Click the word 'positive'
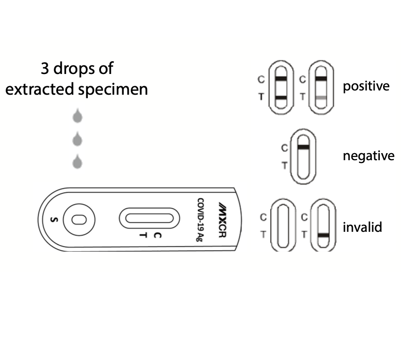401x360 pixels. [x=366, y=86]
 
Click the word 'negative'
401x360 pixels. [x=368, y=155]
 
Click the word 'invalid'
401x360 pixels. [x=362, y=227]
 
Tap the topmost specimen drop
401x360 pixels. [x=77, y=116]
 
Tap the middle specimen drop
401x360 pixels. [x=77, y=139]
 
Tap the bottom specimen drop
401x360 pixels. [x=77, y=162]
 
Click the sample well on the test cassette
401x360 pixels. [x=79, y=220]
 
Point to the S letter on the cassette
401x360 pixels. [x=54, y=220]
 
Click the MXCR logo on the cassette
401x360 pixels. [x=223, y=220]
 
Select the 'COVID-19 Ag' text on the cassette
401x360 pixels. [x=200, y=220]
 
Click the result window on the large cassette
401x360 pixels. [x=150, y=218]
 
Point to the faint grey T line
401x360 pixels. [x=321, y=98]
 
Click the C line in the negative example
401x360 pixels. [x=303, y=147]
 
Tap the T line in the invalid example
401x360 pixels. [x=323, y=235]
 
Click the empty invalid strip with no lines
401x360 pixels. [x=283, y=225]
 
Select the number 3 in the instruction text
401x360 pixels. [x=45, y=68]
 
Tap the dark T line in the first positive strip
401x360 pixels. [x=281, y=98]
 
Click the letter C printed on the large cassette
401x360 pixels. [x=157, y=235]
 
